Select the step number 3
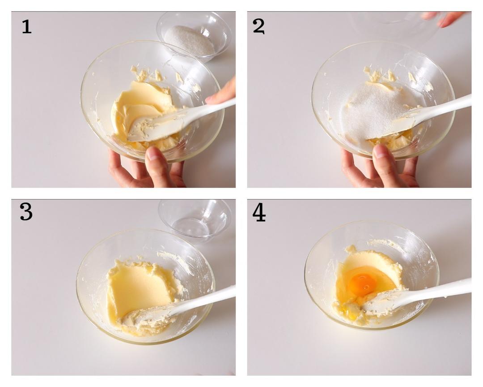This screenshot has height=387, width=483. tap(26, 212)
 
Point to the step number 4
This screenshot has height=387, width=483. tap(259, 213)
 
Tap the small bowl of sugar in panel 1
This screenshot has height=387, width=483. tap(194, 36)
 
